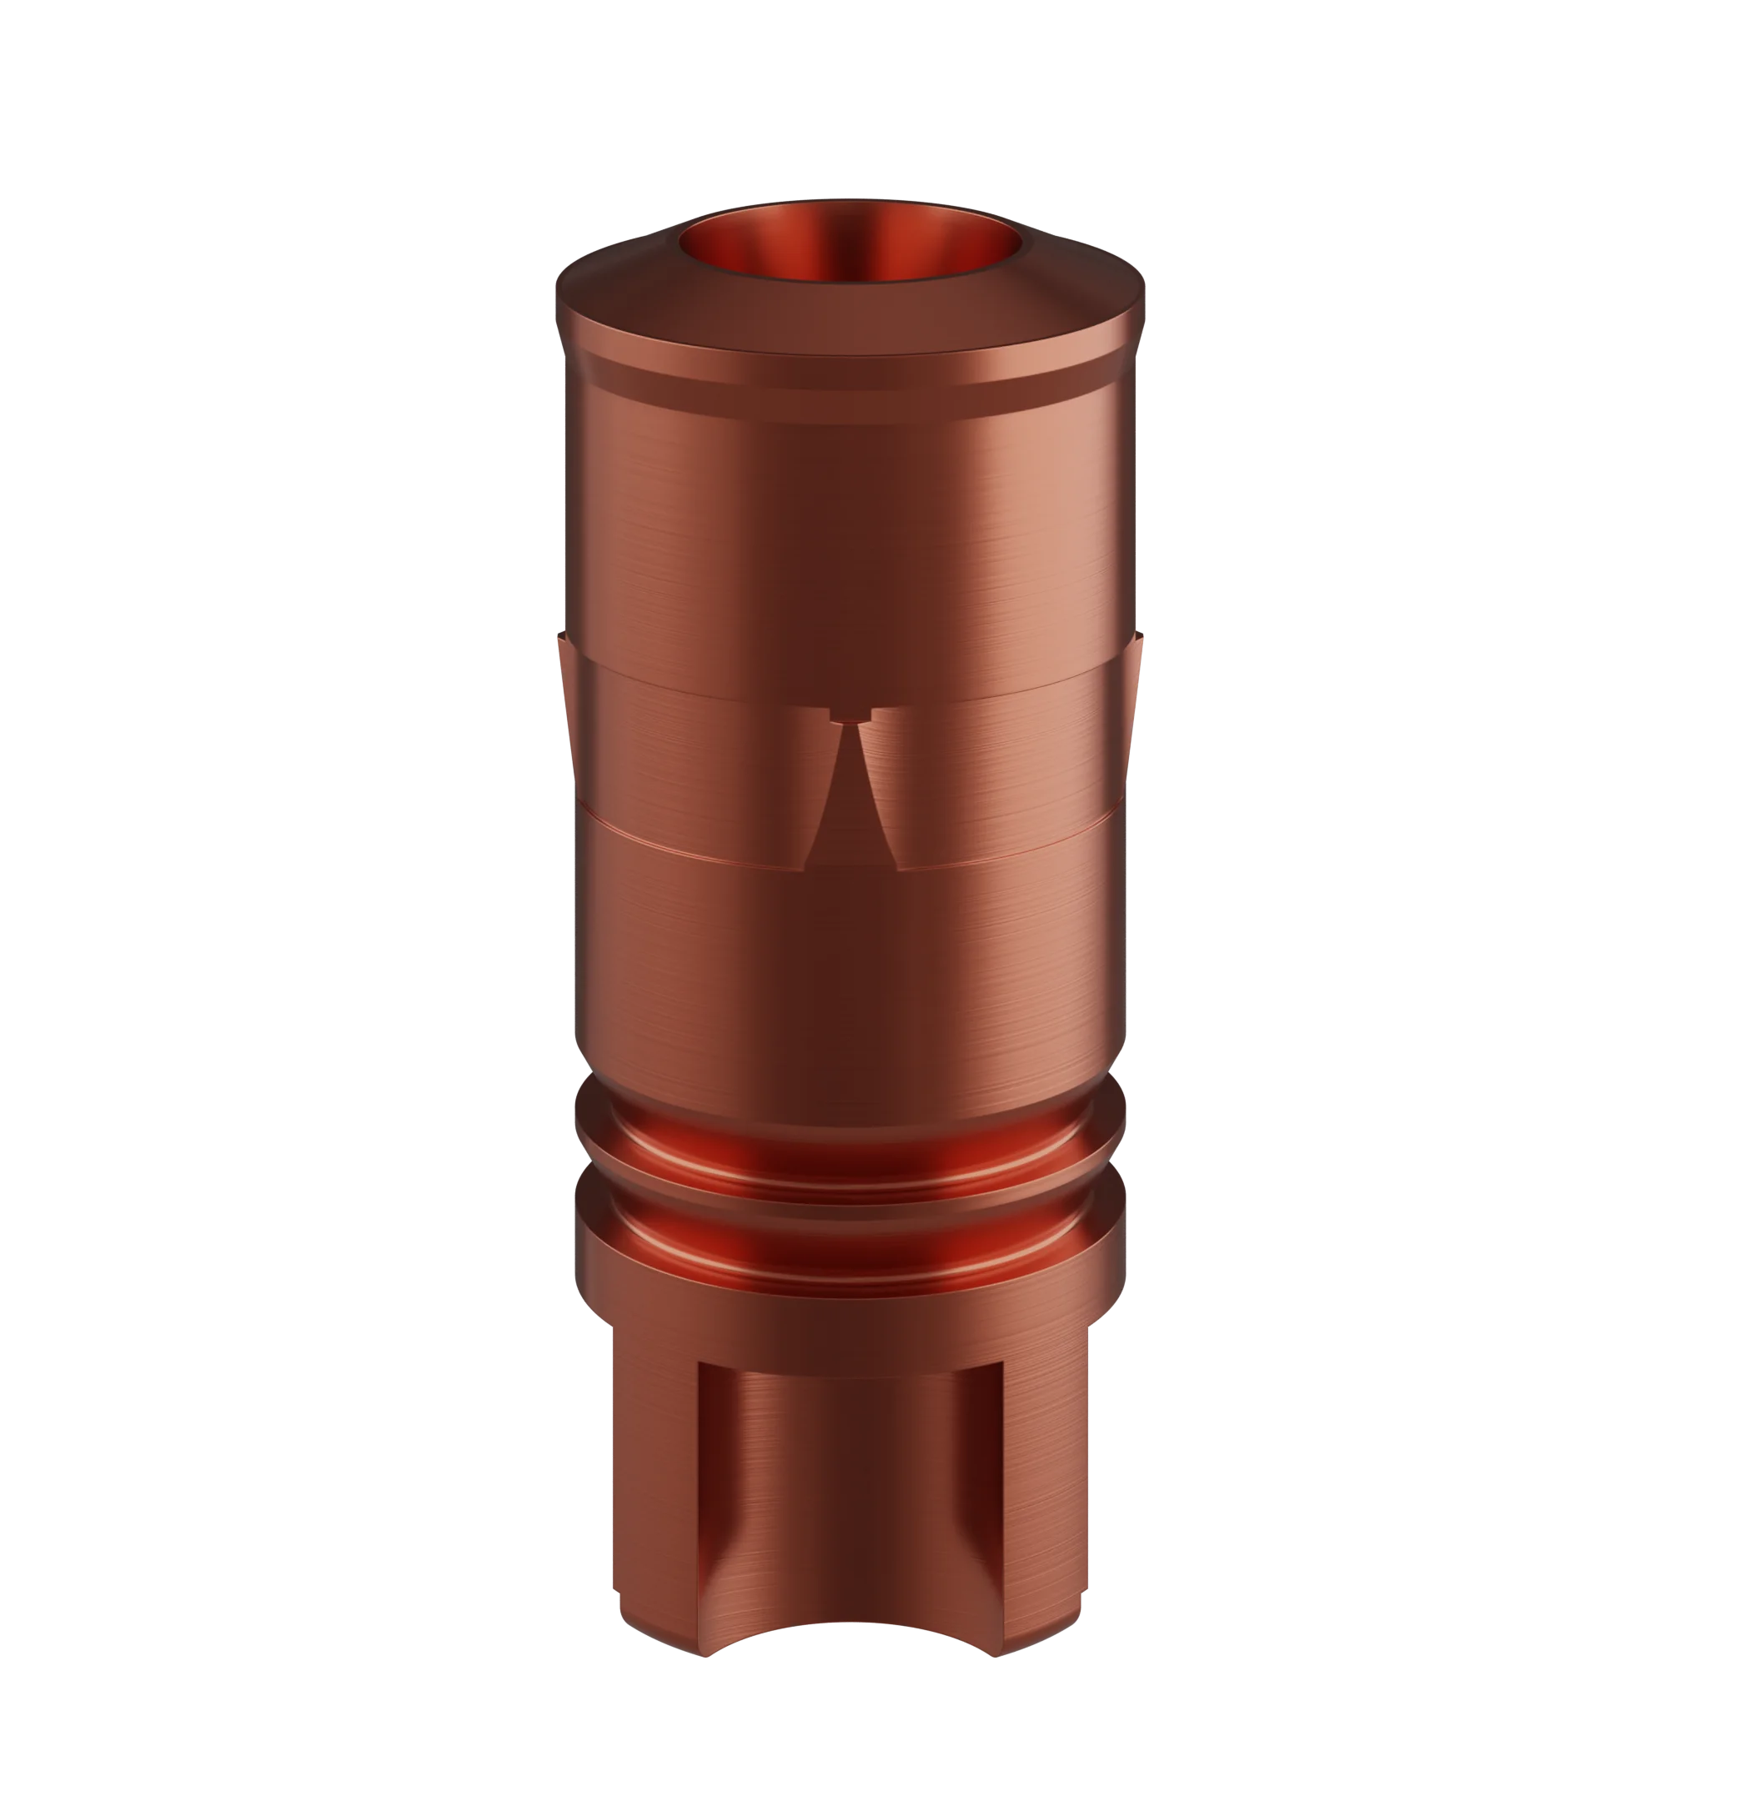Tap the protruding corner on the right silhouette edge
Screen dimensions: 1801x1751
pyautogui.click(x=1141, y=644)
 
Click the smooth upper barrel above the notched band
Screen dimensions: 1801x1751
pyautogui.click(x=850, y=524)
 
